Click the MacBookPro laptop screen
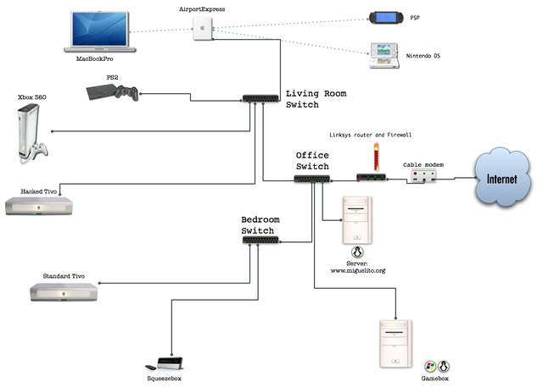tap(99, 29)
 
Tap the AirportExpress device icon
tap(203, 28)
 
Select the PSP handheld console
tap(387, 18)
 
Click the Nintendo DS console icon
tap(383, 55)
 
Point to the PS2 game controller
tap(127, 92)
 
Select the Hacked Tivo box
tap(39, 206)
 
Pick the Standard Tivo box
tap(64, 292)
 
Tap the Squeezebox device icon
tap(165, 363)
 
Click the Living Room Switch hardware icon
tap(260, 98)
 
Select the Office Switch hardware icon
tap(312, 179)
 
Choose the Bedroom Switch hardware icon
tap(260, 240)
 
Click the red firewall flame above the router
tap(376, 158)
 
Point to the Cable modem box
tap(423, 176)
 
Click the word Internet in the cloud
tap(501, 179)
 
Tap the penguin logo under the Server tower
tap(357, 252)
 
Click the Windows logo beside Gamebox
tap(430, 367)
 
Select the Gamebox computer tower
tap(396, 344)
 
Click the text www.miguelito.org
tap(358, 270)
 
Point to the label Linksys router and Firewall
tap(370, 135)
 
